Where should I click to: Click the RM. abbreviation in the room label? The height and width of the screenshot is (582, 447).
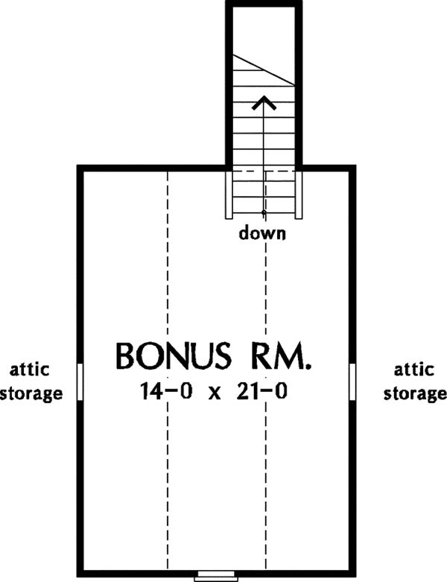pos(277,357)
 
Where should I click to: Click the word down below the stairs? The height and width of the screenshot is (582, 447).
pos(262,233)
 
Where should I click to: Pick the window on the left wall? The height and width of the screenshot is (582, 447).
pos(80,381)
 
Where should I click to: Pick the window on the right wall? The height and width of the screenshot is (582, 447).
pos(352,381)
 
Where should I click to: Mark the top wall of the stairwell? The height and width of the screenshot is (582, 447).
pos(264,4)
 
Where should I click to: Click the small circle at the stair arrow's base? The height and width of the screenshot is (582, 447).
pos(264,212)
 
